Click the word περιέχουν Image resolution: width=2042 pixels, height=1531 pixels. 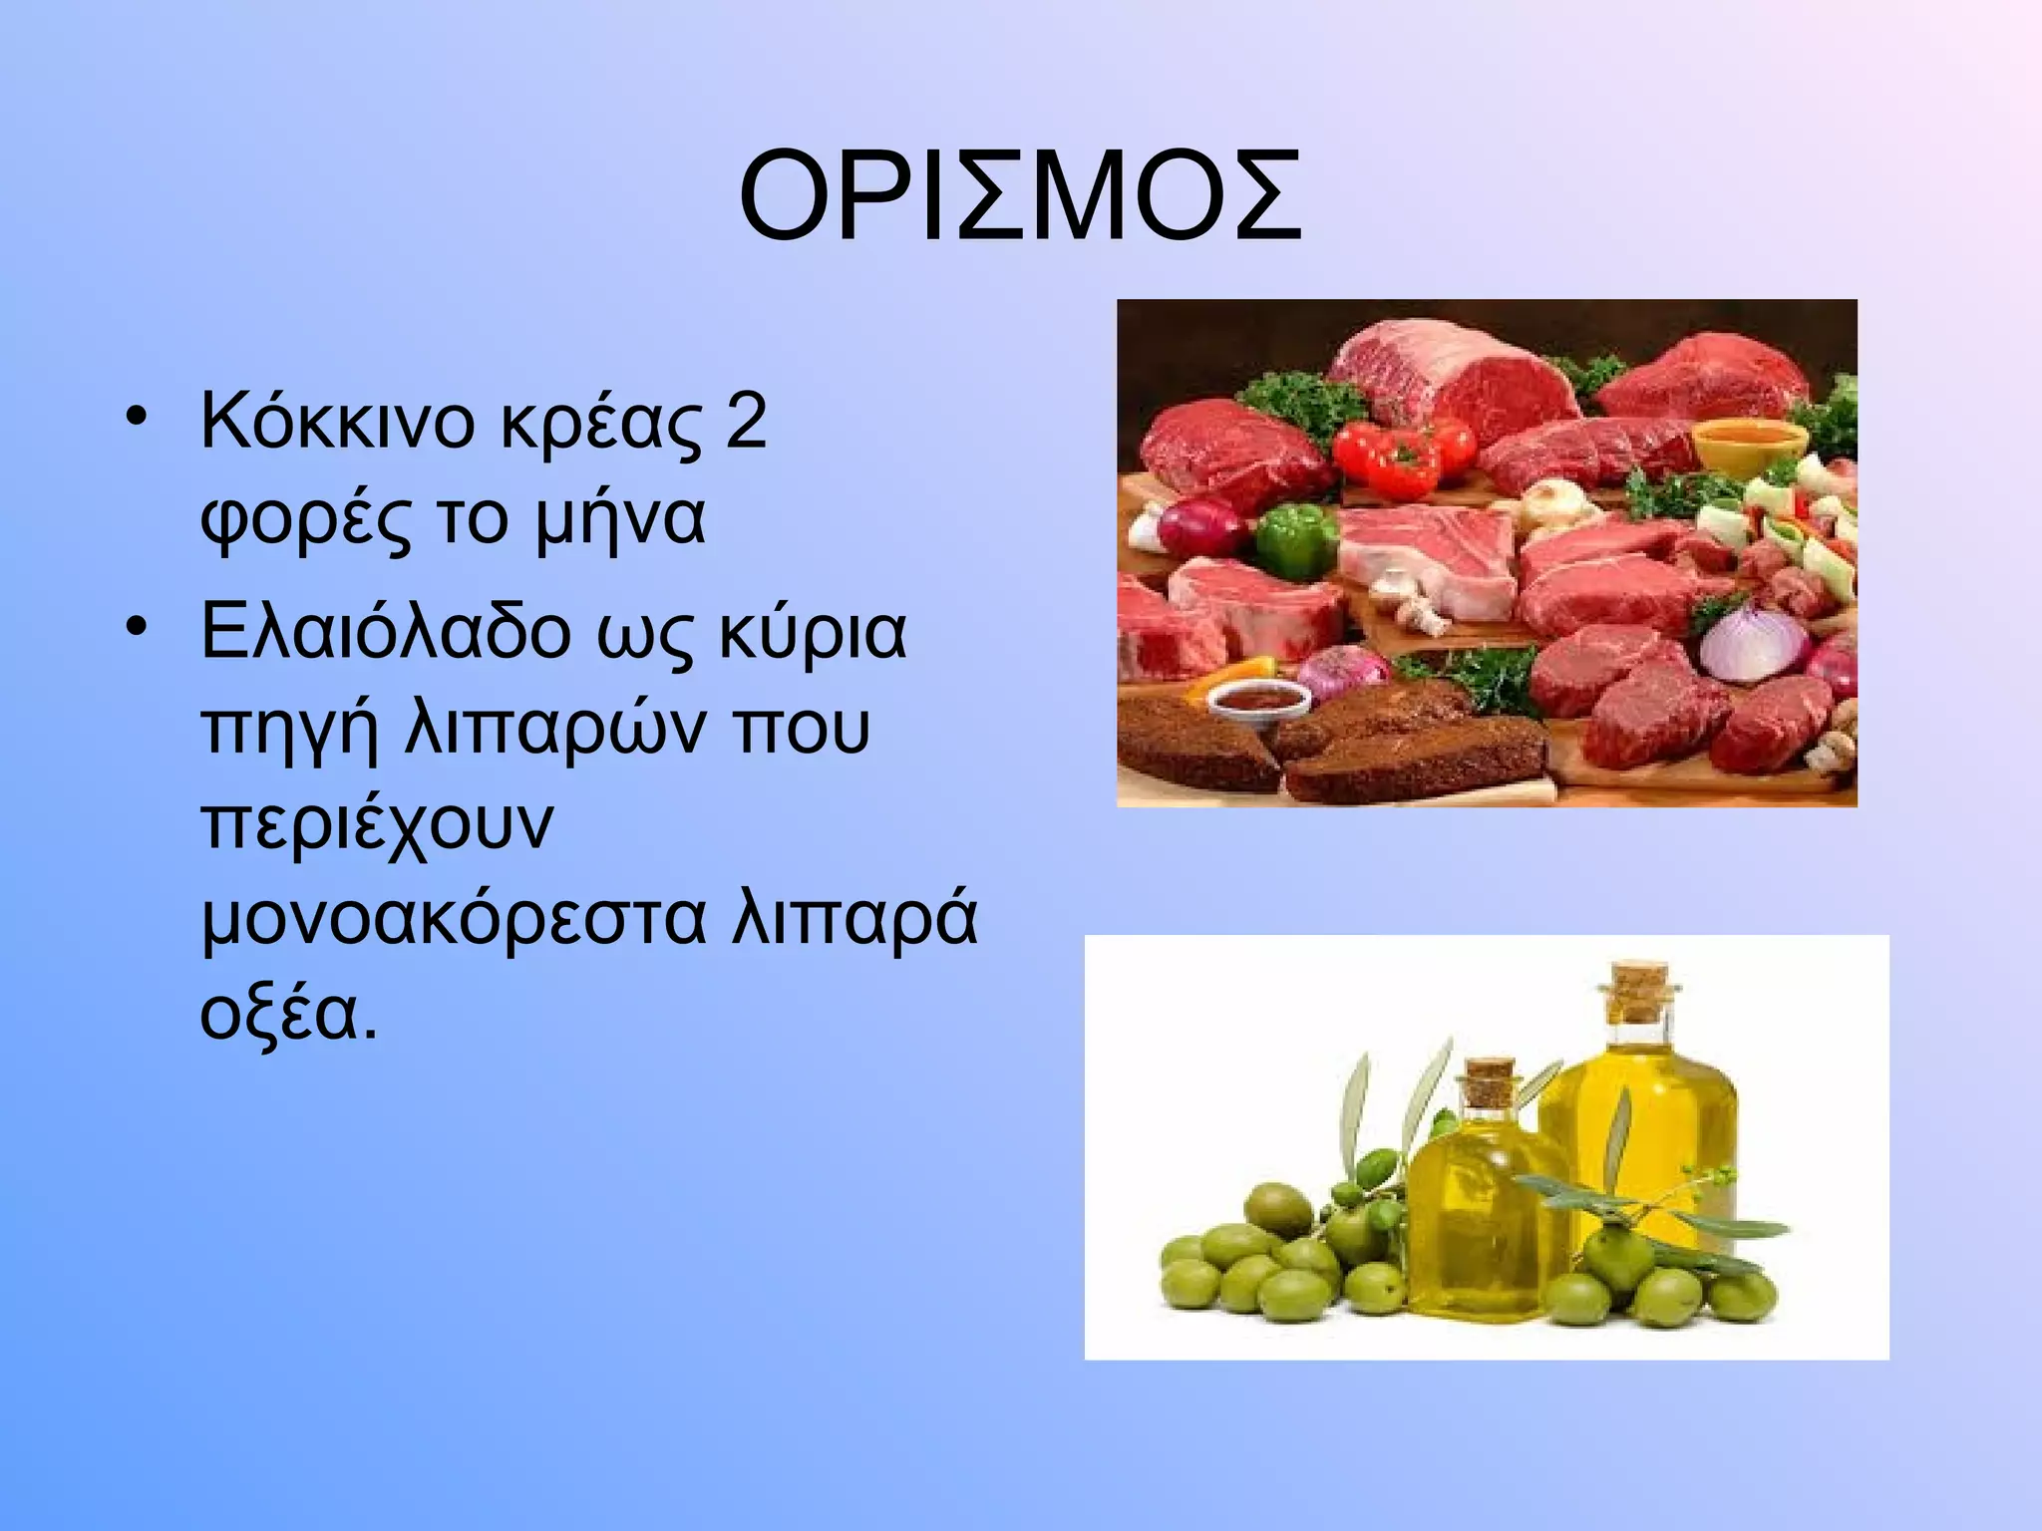pos(376,826)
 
